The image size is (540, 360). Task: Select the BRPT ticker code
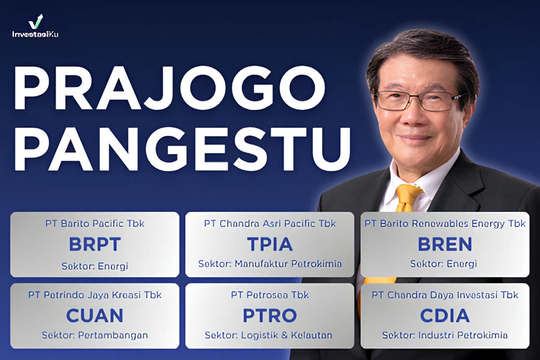(x=95, y=244)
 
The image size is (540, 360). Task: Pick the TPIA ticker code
(x=270, y=244)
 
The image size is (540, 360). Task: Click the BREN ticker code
(x=445, y=244)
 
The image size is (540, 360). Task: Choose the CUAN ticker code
(x=95, y=315)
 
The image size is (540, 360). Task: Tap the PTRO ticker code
(x=270, y=315)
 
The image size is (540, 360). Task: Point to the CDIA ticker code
(x=445, y=315)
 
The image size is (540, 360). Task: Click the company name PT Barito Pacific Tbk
(x=95, y=224)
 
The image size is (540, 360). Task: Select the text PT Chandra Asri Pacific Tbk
(x=270, y=224)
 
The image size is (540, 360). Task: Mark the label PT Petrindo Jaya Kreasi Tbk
(x=95, y=295)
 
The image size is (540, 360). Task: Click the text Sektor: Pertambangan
(x=95, y=335)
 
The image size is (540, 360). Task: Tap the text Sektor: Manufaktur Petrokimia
(x=270, y=264)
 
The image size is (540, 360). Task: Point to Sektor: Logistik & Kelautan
(x=270, y=335)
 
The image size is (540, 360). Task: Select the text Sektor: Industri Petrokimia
(x=445, y=335)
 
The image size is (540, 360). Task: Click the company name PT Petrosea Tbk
(x=270, y=295)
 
